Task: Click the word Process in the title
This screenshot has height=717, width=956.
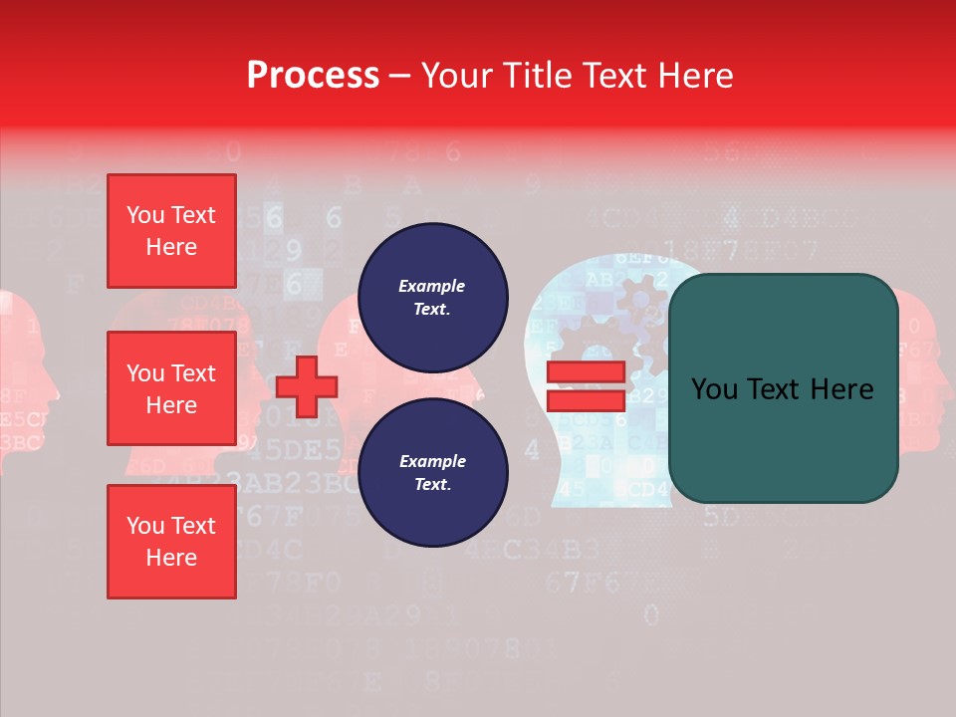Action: (x=313, y=76)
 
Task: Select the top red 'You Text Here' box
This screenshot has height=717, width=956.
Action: (x=171, y=231)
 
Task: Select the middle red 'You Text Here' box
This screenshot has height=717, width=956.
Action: (x=171, y=388)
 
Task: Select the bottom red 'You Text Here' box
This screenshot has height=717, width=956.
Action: (x=171, y=542)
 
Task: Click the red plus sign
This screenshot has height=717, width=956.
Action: (x=307, y=386)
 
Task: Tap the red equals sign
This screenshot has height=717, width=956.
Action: (x=586, y=386)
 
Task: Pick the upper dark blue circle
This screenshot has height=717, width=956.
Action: (x=432, y=298)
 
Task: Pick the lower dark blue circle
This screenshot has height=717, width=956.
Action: (x=432, y=473)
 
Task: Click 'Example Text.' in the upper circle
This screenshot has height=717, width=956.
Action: (x=432, y=298)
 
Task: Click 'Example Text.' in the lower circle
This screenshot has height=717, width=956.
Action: (x=432, y=473)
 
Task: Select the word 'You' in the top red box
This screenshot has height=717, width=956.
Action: (x=145, y=215)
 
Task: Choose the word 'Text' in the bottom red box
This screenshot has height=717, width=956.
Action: (x=193, y=526)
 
